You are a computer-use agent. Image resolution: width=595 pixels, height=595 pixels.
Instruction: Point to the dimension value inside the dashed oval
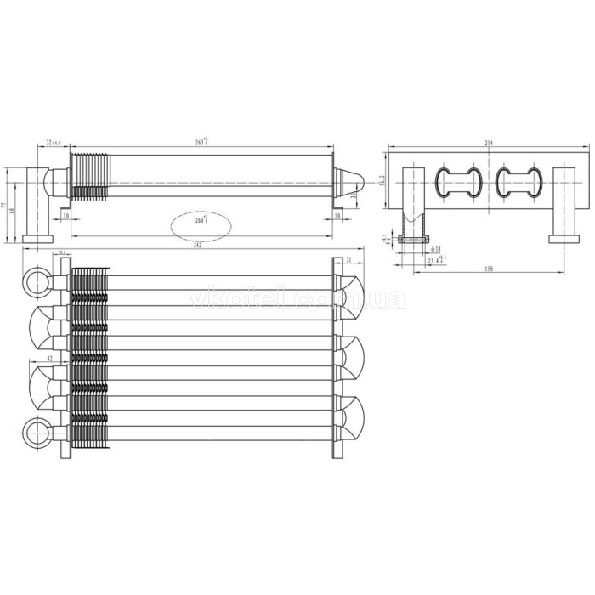coord(201,222)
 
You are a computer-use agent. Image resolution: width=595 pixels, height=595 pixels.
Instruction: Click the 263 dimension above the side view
coord(201,141)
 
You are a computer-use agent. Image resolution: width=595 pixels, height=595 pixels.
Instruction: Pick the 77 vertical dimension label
coord(3,204)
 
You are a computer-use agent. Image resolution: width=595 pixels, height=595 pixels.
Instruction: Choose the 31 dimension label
coord(349,258)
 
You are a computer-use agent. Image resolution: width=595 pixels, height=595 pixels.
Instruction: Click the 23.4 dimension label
coord(437,260)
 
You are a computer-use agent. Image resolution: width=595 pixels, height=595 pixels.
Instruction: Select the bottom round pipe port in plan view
coord(37,432)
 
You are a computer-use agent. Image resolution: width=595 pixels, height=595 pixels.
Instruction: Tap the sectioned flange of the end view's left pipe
coord(414,239)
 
